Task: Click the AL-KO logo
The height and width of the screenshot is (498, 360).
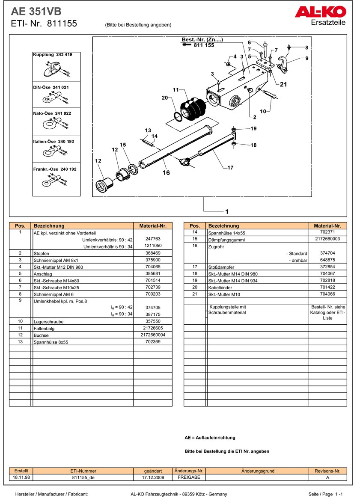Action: click(x=320, y=12)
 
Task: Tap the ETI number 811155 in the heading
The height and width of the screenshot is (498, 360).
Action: click(x=62, y=24)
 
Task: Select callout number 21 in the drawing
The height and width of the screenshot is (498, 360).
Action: click(x=283, y=85)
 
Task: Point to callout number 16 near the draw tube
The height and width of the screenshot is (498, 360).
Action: click(x=166, y=172)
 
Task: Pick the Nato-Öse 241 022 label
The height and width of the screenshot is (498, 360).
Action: click(x=52, y=113)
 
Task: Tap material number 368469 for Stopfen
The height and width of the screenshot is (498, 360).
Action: click(x=153, y=253)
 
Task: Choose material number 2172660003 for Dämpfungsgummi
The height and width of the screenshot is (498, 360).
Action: click(x=327, y=239)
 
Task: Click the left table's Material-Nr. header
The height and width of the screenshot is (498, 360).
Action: click(x=153, y=226)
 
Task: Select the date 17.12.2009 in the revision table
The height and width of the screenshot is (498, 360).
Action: click(x=153, y=477)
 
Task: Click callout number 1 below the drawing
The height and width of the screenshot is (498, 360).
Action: click(x=226, y=211)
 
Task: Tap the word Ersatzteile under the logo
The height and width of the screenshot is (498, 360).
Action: click(x=328, y=23)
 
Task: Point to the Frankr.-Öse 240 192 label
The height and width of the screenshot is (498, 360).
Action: click(x=55, y=169)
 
